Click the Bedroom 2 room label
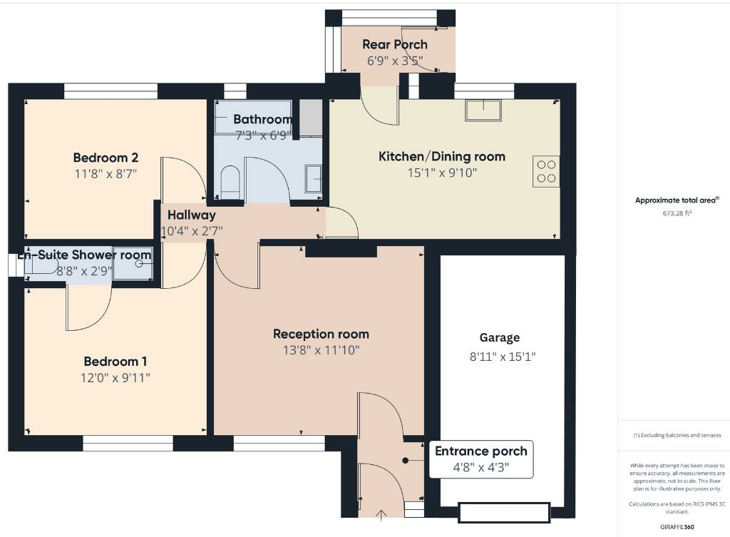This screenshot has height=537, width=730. pyautogui.click(x=106, y=158)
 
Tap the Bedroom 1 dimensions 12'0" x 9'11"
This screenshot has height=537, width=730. pyautogui.click(x=115, y=377)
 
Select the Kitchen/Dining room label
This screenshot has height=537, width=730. pyautogui.click(x=441, y=156)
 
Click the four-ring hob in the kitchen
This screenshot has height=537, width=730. pyautogui.click(x=545, y=171)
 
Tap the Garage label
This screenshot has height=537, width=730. pyautogui.click(x=499, y=338)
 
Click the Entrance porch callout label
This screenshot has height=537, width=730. pyautogui.click(x=481, y=451)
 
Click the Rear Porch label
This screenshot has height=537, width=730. pyautogui.click(x=395, y=45)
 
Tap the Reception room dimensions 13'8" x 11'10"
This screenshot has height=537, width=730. pyautogui.click(x=321, y=350)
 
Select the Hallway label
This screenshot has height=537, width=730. pyautogui.click(x=191, y=215)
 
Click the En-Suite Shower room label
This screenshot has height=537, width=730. pyautogui.click(x=85, y=255)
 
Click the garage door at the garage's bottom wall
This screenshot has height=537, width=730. pyautogui.click(x=504, y=512)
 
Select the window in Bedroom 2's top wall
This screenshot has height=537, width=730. pyautogui.click(x=110, y=91)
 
